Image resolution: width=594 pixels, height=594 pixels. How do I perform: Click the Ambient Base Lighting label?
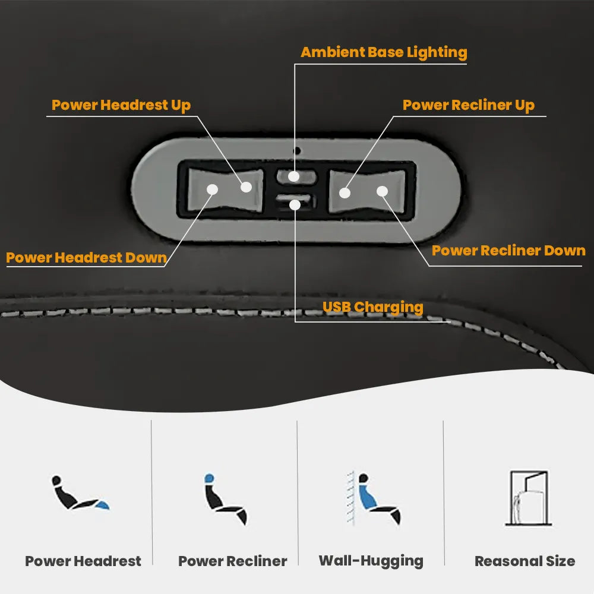[x=384, y=52]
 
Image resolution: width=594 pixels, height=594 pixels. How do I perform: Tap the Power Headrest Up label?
[x=121, y=105]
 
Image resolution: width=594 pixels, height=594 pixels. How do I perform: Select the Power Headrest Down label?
[x=86, y=258]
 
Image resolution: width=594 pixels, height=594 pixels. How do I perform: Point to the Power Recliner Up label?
[x=469, y=105]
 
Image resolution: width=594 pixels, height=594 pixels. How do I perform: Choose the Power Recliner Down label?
[x=508, y=251]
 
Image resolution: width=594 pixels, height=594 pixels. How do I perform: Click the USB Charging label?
[x=372, y=307]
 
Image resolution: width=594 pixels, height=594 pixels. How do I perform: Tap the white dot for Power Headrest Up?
[x=247, y=187]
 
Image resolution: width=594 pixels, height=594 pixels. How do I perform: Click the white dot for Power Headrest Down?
[x=212, y=189]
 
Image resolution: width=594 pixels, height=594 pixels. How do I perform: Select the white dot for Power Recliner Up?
[x=345, y=192]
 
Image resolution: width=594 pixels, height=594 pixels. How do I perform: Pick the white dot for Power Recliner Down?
[x=382, y=191]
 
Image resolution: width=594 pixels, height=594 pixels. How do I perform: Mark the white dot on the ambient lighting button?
[x=294, y=176]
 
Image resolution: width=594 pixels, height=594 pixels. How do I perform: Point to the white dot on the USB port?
[x=295, y=204]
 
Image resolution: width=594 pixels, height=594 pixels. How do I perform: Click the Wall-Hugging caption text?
[x=371, y=561]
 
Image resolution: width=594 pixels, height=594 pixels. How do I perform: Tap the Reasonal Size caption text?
[x=525, y=561]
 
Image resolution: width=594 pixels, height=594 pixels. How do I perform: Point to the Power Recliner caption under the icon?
[x=232, y=561]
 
